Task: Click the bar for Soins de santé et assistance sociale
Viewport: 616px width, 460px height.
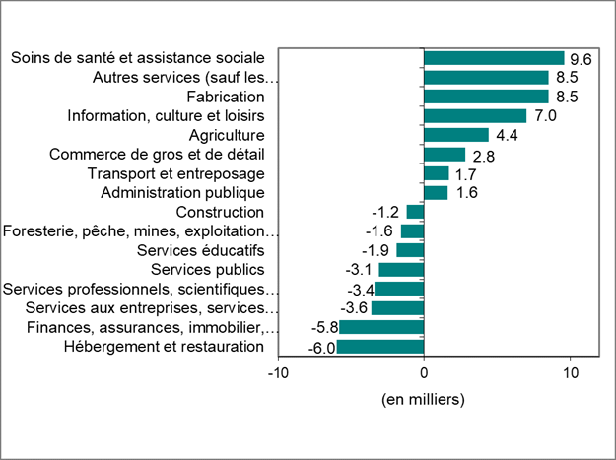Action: (x=494, y=58)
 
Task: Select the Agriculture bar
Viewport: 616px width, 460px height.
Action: (x=455, y=135)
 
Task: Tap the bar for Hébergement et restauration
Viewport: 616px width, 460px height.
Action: (x=380, y=347)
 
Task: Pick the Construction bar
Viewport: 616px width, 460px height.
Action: (x=415, y=212)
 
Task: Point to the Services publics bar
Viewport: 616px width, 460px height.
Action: (x=401, y=270)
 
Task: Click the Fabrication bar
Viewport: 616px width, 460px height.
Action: (x=486, y=97)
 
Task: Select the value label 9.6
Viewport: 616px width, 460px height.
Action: (x=581, y=59)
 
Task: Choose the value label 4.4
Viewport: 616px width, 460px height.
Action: (x=507, y=135)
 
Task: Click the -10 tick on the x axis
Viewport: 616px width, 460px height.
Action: (x=279, y=373)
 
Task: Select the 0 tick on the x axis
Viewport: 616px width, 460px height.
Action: (x=424, y=373)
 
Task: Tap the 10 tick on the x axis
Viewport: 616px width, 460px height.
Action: (x=569, y=373)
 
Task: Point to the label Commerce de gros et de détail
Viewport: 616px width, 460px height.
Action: (x=157, y=154)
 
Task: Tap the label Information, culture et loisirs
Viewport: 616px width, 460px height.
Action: (x=166, y=115)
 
